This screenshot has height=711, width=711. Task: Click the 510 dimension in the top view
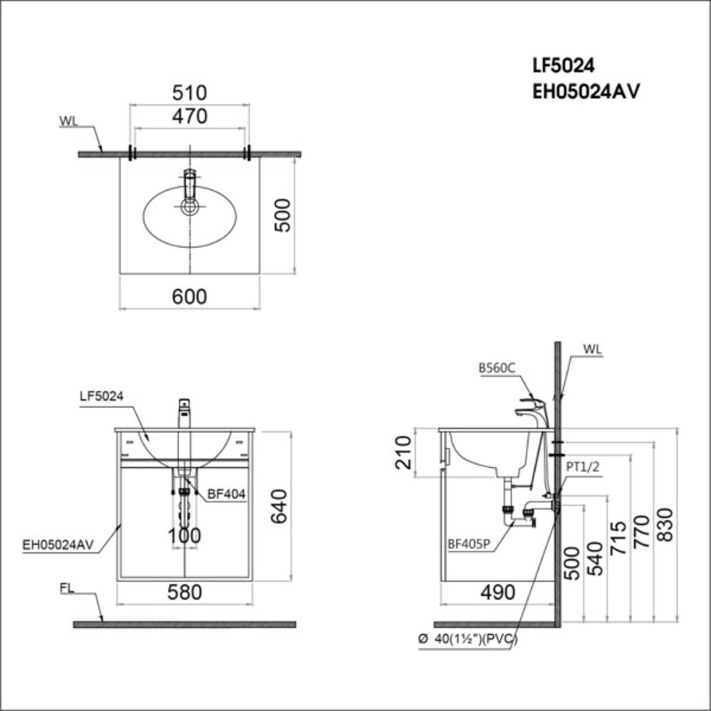click(189, 92)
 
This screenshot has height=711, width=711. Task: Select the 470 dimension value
click(189, 116)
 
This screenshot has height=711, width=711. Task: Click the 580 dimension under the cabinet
click(185, 592)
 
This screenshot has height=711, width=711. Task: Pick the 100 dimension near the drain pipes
click(185, 536)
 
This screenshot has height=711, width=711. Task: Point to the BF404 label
click(226, 496)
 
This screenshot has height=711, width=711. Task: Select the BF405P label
click(469, 545)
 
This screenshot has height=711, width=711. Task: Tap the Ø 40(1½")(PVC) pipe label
click(469, 639)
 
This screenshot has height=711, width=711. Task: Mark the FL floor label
click(68, 589)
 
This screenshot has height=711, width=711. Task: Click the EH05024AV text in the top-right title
click(581, 91)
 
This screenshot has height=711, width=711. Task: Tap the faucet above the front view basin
click(184, 412)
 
